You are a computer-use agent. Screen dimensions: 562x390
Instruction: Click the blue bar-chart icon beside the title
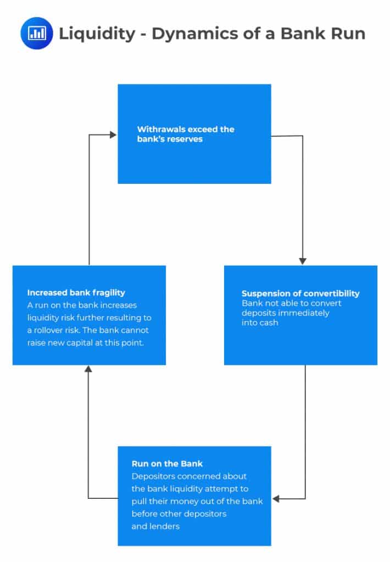tap(36, 33)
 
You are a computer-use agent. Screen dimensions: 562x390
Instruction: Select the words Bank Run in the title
tap(323, 33)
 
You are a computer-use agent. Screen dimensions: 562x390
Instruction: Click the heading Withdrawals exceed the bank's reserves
tap(185, 134)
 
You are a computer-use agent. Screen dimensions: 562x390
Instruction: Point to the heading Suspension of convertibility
tap(300, 293)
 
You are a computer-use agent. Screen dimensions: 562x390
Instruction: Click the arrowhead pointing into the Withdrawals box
tap(114, 134)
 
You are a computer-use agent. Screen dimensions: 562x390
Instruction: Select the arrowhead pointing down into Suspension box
tap(303, 261)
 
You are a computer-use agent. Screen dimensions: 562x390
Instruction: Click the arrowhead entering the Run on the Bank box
tap(276, 499)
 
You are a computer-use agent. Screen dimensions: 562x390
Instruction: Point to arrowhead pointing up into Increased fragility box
tap(88, 369)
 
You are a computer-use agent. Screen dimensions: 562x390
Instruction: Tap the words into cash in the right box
tap(260, 323)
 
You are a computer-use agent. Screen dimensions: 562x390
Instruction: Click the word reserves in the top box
tap(185, 139)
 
